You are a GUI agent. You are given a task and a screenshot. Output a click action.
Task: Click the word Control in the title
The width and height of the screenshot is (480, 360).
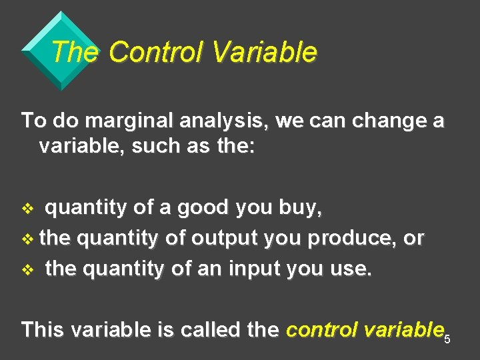(155, 52)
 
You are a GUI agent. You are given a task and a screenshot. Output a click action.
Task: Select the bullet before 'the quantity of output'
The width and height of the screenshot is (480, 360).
(27, 239)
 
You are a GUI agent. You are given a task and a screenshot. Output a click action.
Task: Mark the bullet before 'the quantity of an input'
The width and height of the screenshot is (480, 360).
(27, 270)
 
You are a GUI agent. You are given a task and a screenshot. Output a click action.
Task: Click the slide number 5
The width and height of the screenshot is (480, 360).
(447, 340)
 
